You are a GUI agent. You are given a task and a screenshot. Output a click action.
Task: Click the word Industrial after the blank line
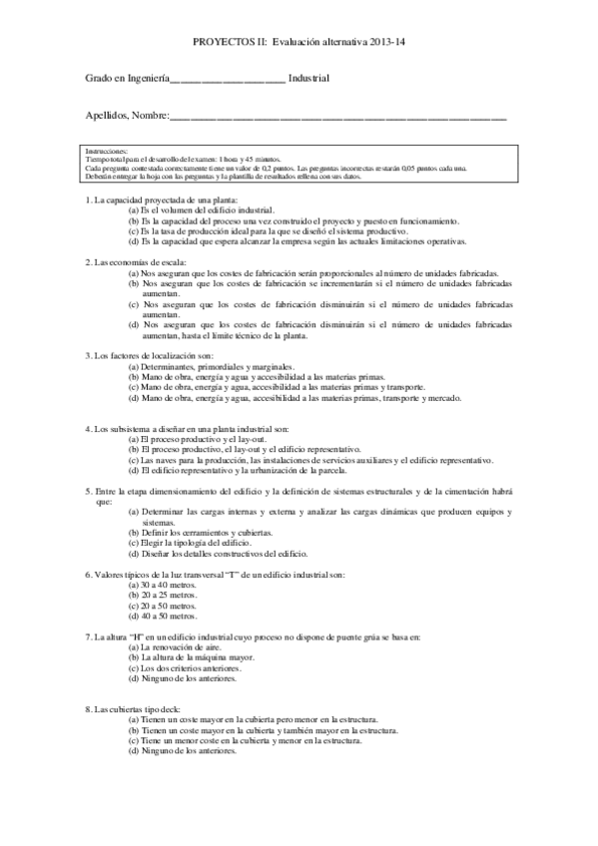(x=309, y=78)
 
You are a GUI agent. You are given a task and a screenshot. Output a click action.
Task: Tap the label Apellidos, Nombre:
(x=128, y=116)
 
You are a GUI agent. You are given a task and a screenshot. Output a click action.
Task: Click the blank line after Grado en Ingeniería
(x=229, y=79)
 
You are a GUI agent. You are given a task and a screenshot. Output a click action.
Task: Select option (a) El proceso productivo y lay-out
(x=189, y=438)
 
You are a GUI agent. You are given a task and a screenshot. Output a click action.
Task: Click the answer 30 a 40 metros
(x=163, y=586)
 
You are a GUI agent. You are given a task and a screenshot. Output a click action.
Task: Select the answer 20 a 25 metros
(x=163, y=596)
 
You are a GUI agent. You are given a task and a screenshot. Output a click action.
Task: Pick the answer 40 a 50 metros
(x=163, y=616)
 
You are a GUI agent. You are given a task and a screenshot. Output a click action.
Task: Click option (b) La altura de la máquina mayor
(x=193, y=657)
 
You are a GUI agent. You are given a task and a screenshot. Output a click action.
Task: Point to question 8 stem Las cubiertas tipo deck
(x=139, y=708)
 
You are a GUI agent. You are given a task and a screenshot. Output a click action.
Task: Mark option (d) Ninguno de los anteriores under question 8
(x=183, y=749)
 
